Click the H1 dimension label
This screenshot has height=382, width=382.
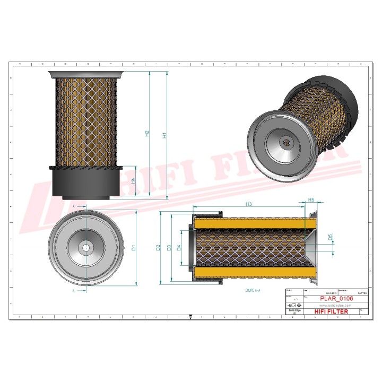(x=165, y=135)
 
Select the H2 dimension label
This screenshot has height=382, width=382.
(x=147, y=134)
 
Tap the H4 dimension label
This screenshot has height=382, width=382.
(x=133, y=181)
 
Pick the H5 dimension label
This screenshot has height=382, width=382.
(x=311, y=200)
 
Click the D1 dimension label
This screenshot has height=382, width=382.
(x=134, y=247)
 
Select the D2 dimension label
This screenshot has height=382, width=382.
(x=158, y=247)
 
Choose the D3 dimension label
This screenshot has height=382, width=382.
(x=169, y=247)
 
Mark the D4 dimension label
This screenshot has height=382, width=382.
(x=179, y=247)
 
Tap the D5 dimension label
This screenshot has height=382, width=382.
(x=330, y=237)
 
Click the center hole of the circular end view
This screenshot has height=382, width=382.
(x=85, y=247)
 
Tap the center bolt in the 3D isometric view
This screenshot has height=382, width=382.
(x=286, y=142)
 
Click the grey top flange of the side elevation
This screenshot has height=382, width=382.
(x=85, y=75)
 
